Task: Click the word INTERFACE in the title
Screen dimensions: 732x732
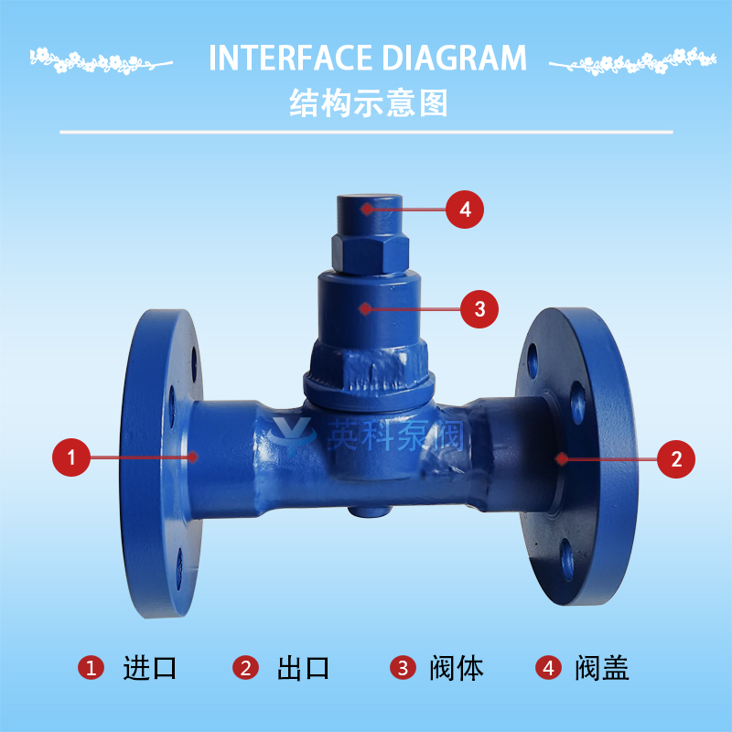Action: [x=290, y=58]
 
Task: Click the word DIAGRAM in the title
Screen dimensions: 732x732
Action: [x=455, y=58]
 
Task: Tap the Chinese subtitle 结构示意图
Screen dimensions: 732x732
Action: [x=369, y=102]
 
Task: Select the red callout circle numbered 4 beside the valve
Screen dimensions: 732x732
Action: [x=465, y=210]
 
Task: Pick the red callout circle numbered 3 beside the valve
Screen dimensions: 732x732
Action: [x=479, y=309]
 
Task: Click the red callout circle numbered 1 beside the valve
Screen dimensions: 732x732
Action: [x=71, y=457]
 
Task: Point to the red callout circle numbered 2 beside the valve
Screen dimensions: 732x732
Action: [x=676, y=459]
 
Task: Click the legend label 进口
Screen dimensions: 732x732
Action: [x=149, y=668]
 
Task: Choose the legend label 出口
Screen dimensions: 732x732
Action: [x=303, y=668]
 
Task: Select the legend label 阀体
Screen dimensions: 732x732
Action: [x=456, y=668]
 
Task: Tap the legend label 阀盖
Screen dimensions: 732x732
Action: [x=602, y=668]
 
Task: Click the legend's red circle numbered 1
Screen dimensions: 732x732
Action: [x=91, y=668]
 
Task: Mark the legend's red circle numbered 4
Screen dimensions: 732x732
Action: [x=549, y=668]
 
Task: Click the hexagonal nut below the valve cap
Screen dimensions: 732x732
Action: [x=371, y=253]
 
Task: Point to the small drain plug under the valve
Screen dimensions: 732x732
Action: [x=369, y=511]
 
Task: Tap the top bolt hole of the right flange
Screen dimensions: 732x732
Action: [x=533, y=361]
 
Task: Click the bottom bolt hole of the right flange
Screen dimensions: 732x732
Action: [x=567, y=559]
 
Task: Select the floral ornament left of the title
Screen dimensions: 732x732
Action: [x=101, y=61]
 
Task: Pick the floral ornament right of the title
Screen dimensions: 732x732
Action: [x=632, y=61]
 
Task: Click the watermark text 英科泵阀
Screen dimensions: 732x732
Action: [x=395, y=436]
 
